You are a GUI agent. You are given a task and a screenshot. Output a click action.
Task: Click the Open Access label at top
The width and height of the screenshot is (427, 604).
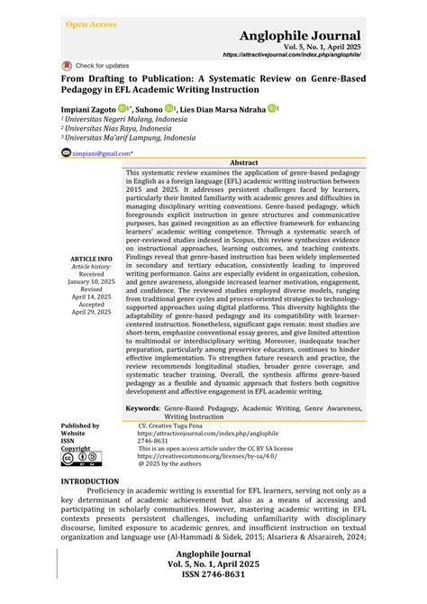click(x=91, y=24)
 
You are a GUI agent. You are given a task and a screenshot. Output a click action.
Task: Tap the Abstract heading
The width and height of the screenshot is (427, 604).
click(x=244, y=162)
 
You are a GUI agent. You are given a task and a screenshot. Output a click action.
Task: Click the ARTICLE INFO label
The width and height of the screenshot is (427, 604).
click(x=91, y=259)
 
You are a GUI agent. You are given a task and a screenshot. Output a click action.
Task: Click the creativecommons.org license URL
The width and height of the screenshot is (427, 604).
click(x=194, y=455)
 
